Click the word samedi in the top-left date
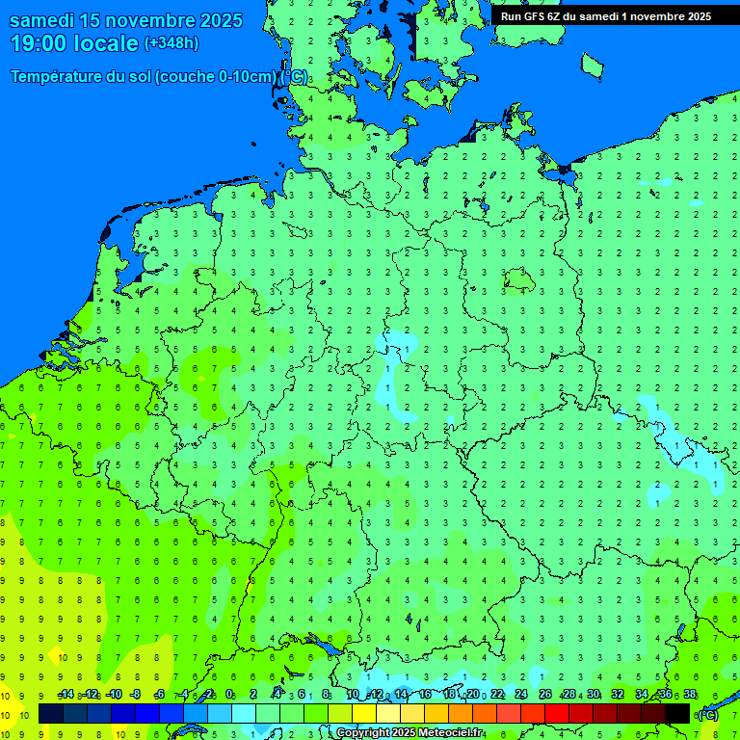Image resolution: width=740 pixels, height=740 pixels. click(x=43, y=20)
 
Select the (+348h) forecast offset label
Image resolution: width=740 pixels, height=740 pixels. click(x=171, y=43)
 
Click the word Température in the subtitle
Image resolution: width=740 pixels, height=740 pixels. click(x=58, y=77)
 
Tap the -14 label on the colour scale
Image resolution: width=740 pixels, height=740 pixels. click(x=66, y=695)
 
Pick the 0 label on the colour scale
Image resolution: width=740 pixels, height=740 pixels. click(x=229, y=695)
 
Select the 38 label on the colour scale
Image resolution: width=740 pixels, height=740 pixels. click(x=690, y=695)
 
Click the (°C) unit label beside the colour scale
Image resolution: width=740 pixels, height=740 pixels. click(x=707, y=714)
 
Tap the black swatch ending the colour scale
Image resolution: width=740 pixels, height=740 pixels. click(x=677, y=713)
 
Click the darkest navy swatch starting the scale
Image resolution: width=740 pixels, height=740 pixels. click(x=51, y=713)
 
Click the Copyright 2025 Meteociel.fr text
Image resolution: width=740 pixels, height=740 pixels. click(x=410, y=733)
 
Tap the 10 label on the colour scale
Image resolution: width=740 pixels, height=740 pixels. click(x=353, y=695)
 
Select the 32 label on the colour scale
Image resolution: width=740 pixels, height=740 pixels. click(x=618, y=695)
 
